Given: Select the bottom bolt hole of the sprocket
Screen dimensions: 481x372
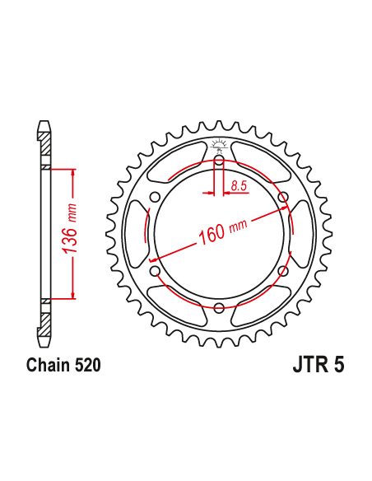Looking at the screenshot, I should pyautogui.click(x=219, y=308).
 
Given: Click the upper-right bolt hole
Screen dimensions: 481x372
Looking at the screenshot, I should pyautogui.click(x=283, y=197).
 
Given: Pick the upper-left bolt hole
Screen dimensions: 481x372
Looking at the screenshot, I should pyautogui.click(x=155, y=197).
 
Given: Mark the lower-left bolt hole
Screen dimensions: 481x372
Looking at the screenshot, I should pyautogui.click(x=155, y=271).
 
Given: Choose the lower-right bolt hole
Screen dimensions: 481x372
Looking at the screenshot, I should pyautogui.click(x=283, y=271).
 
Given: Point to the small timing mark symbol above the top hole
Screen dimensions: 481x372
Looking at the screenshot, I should pyautogui.click(x=219, y=146).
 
